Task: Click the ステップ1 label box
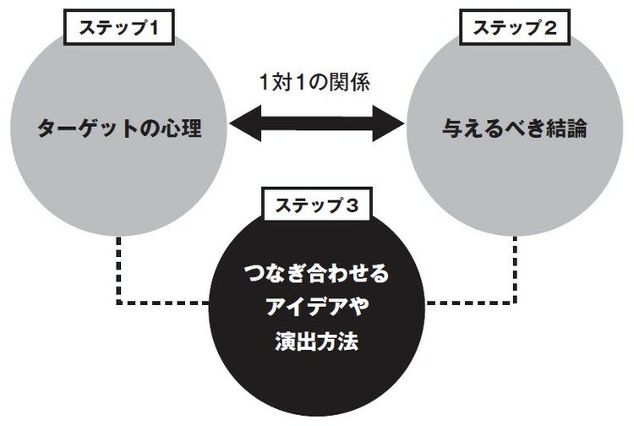120,28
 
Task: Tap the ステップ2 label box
514,28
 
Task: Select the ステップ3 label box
317,205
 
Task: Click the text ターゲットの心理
120,129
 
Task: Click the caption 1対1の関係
316,84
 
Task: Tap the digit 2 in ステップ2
549,28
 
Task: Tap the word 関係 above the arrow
351,84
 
